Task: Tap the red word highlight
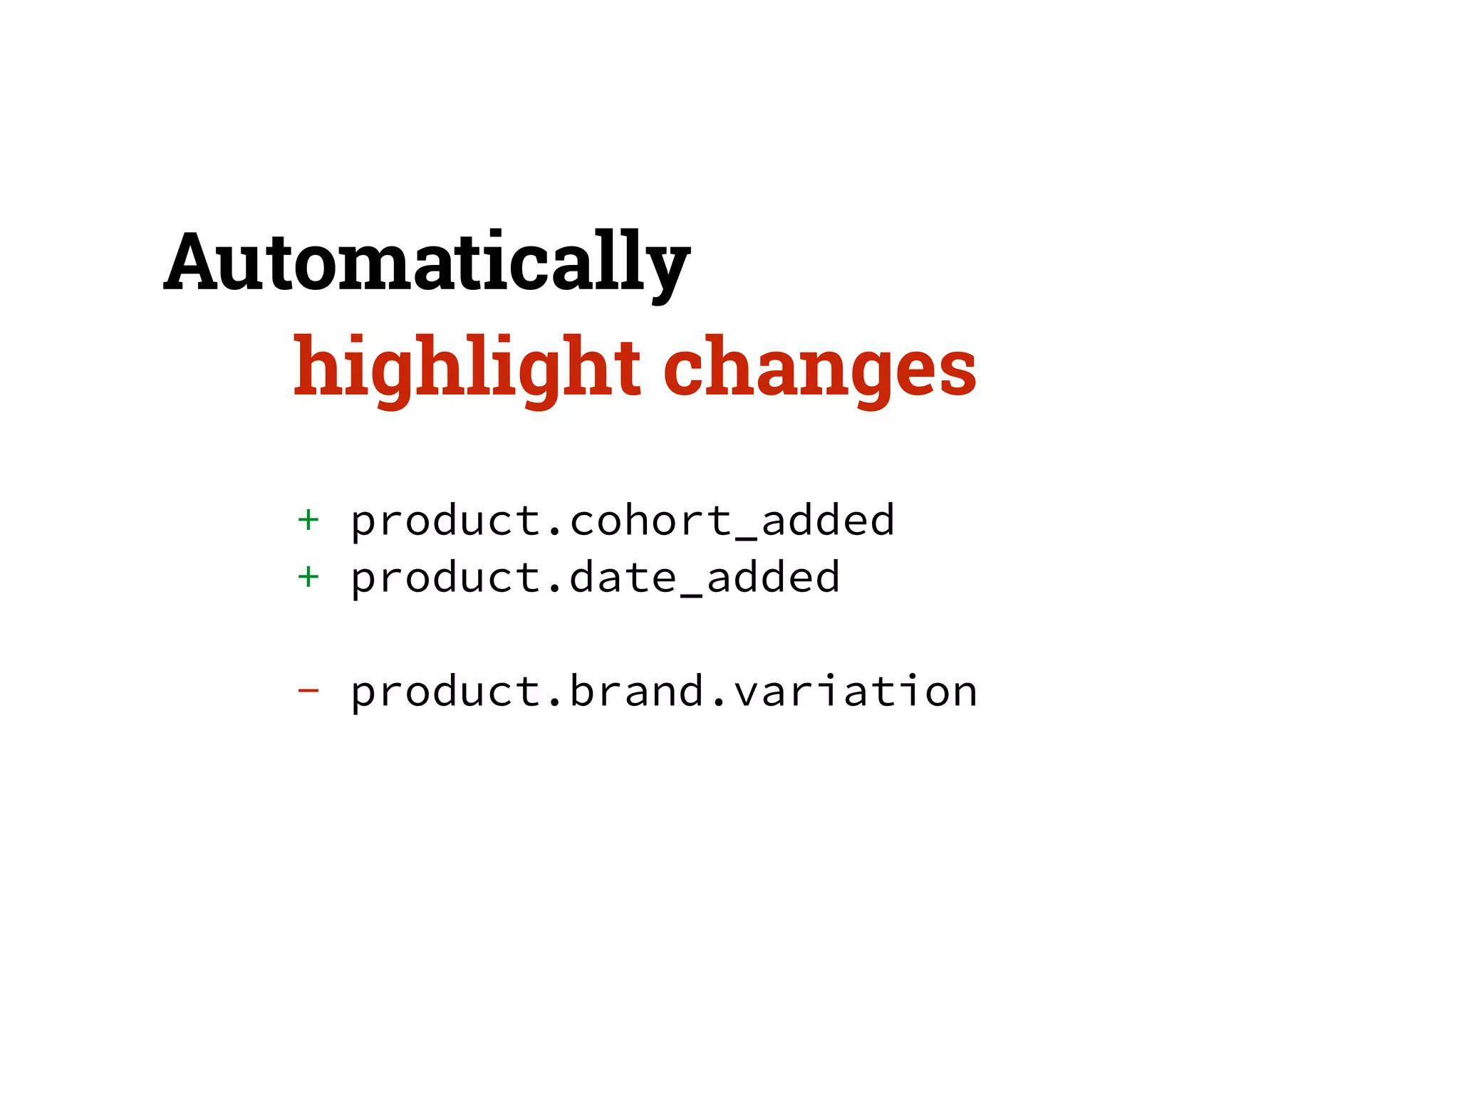pos(467,367)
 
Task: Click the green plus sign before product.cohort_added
pos(308,520)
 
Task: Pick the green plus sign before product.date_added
pos(308,577)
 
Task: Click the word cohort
pos(651,520)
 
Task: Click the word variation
pos(856,691)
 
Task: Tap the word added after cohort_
pos(828,520)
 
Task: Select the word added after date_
pos(774,577)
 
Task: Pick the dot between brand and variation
pos(719,705)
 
